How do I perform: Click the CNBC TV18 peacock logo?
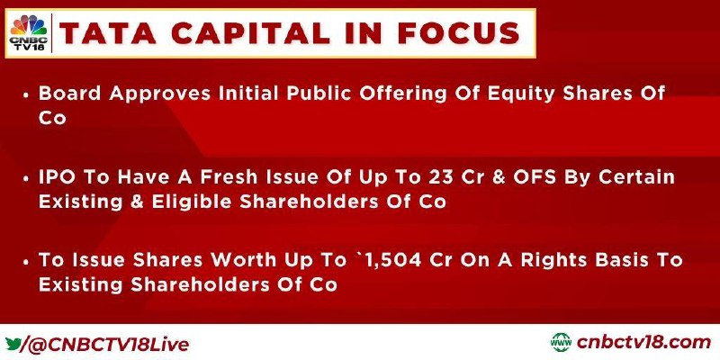tap(29, 32)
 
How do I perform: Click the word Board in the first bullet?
tap(70, 94)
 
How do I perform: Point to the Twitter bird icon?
tap(13, 344)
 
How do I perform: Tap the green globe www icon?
tap(561, 343)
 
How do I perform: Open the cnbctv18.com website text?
tap(643, 343)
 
